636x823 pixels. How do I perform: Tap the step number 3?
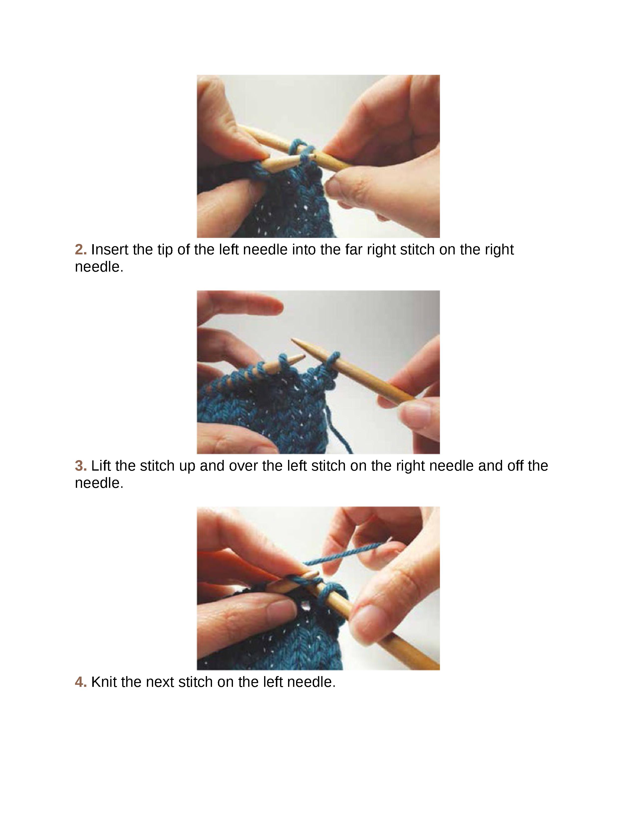[81, 466]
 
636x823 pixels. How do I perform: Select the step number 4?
[81, 682]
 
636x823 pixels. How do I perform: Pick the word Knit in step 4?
[103, 682]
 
